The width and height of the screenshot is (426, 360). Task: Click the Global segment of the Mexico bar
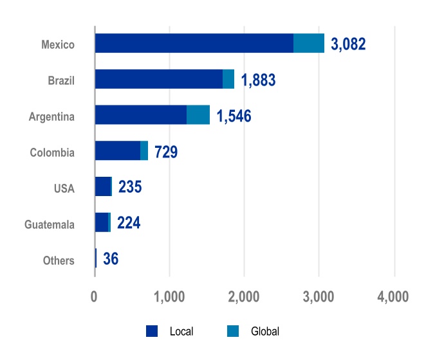click(x=309, y=43)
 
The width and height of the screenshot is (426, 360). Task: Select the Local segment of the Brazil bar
click(x=158, y=79)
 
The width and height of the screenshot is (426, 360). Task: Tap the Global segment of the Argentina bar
click(x=198, y=115)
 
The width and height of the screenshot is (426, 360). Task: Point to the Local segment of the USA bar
click(x=102, y=186)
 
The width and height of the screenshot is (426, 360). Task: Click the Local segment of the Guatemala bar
click(x=101, y=222)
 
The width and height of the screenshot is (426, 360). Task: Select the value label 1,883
click(x=258, y=80)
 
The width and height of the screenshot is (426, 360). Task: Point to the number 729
click(x=166, y=152)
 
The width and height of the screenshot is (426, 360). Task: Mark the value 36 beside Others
click(x=111, y=260)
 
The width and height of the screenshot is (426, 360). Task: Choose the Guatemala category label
click(x=50, y=225)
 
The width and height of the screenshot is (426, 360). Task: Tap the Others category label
click(x=59, y=260)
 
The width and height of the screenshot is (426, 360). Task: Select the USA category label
click(x=64, y=189)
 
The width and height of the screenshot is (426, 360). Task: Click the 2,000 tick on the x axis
click(x=244, y=298)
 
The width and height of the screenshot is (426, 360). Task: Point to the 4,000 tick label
click(x=393, y=298)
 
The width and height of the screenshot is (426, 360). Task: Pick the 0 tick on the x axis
click(x=95, y=298)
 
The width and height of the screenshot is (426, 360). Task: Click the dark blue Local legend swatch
click(x=152, y=332)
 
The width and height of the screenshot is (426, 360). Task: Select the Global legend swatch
click(x=232, y=332)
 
